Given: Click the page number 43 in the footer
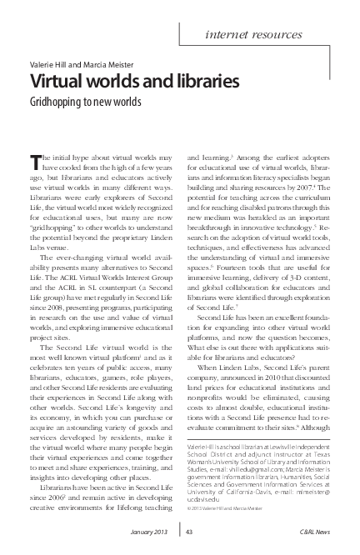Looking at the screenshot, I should click(190, 531).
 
